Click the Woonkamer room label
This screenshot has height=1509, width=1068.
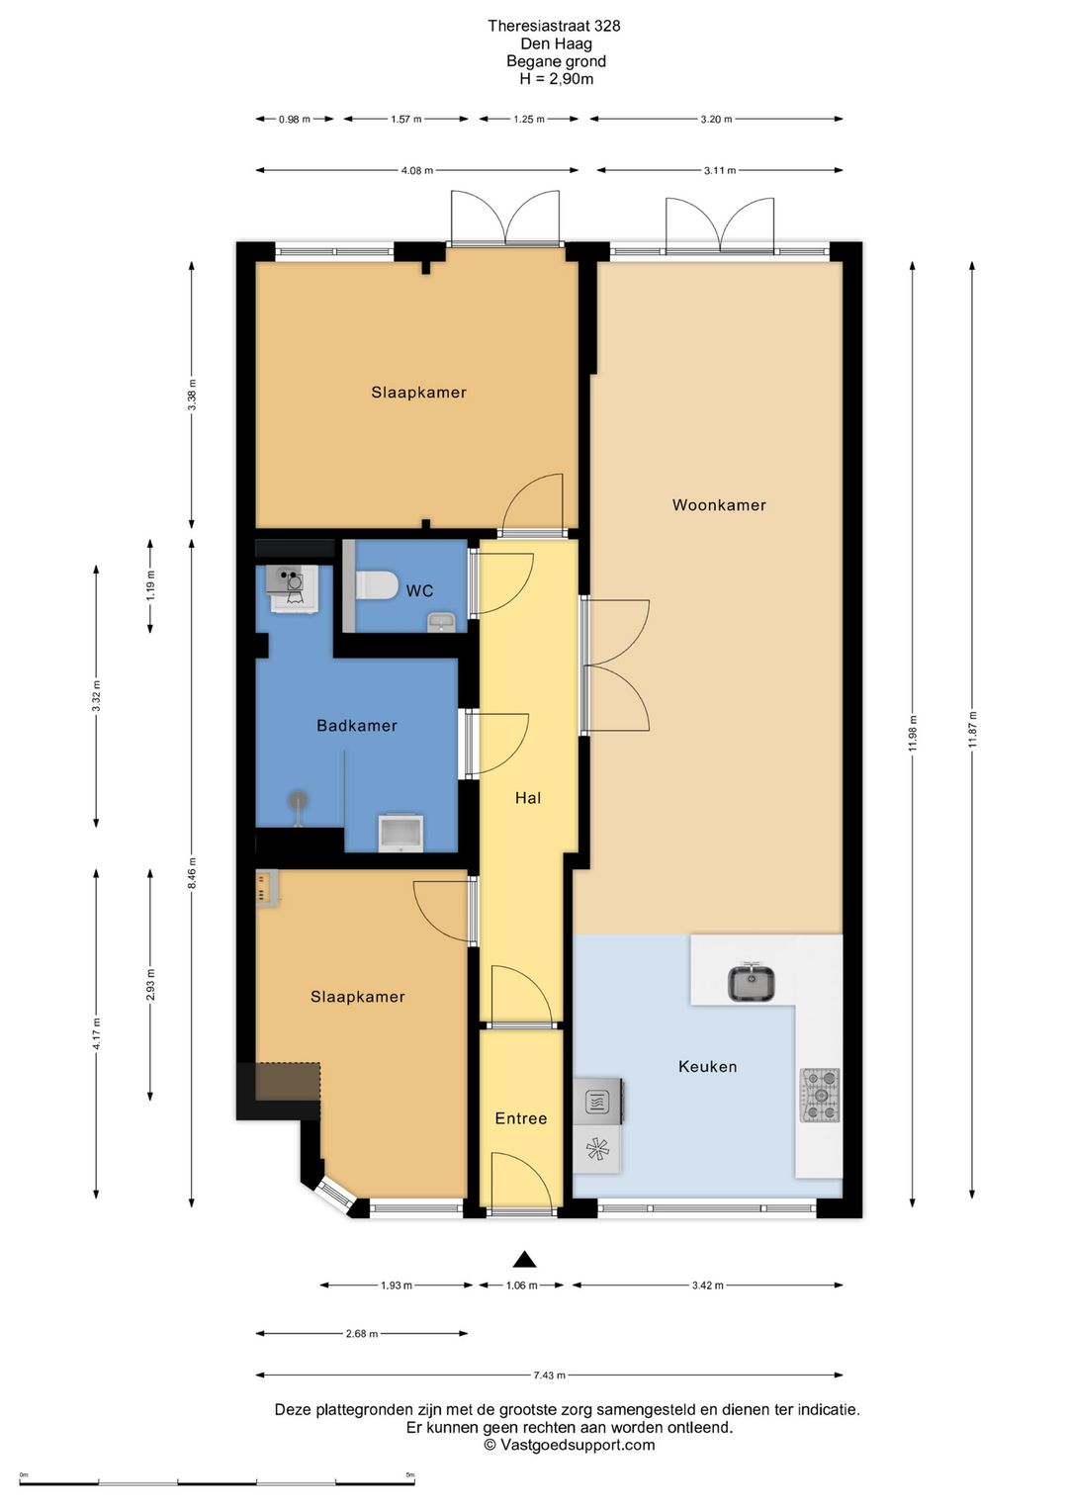coord(719,504)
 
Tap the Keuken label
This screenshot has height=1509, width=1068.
coord(707,1066)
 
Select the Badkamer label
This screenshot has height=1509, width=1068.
coord(356,726)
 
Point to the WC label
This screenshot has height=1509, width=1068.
coord(419,590)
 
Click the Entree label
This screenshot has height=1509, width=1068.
coord(521,1118)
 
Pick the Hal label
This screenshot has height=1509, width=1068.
coord(528,798)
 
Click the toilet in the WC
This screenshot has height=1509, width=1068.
coord(377,585)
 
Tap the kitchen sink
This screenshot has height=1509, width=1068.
coord(752,983)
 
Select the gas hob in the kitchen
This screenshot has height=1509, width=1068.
coord(820,1095)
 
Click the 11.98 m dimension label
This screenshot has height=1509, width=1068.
coord(913,733)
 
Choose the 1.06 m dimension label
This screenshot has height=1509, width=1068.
coord(522,1286)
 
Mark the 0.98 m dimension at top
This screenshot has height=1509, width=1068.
coord(295,120)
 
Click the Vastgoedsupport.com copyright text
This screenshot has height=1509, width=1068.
coord(570,1445)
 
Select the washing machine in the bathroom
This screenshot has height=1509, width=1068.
coord(293,588)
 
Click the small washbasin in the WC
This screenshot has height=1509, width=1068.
coord(441,622)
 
